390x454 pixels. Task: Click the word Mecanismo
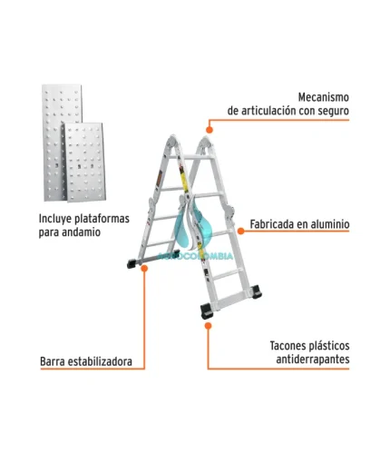pyautogui.click(x=324, y=97)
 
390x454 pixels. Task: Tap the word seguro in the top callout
pyautogui.click(x=333, y=111)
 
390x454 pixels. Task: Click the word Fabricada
pyautogui.click(x=268, y=224)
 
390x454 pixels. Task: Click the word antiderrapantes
pyautogui.click(x=313, y=360)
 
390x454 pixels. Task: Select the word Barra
pyautogui.click(x=52, y=361)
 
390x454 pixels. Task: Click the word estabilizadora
pyautogui.click(x=100, y=361)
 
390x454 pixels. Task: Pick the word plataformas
pyautogui.click(x=102, y=219)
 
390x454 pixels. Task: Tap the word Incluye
pyautogui.click(x=55, y=219)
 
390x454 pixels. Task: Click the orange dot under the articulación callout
pyautogui.click(x=210, y=130)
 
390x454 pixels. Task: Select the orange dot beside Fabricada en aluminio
pyautogui.click(x=241, y=232)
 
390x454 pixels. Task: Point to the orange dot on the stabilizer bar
pyautogui.click(x=144, y=268)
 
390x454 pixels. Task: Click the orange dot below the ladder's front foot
pyautogui.click(x=208, y=326)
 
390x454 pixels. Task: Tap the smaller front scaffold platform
pyautogui.click(x=85, y=163)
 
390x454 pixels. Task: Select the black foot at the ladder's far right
pyautogui.click(x=257, y=291)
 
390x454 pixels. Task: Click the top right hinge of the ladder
pyautogui.click(x=206, y=143)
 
